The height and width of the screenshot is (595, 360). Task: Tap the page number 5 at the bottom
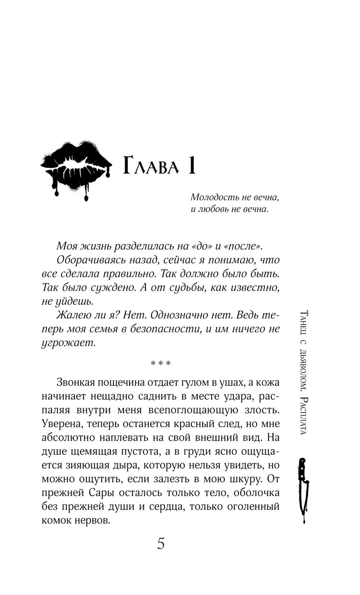pos(161,544)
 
